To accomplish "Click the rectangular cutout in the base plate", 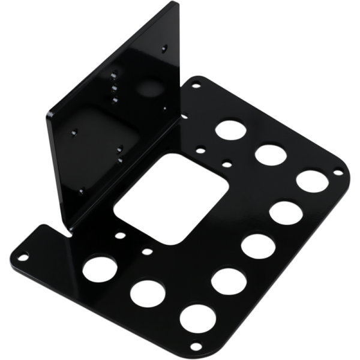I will pos(171,198).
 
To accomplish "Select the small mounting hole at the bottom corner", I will pos(196,346).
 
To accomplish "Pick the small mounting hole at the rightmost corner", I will pos(338,173).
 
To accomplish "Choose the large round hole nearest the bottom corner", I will pos(198,318).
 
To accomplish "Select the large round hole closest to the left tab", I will pos(99,268).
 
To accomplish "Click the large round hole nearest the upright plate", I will pos(229,130).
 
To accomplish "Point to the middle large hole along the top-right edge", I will pos(270,154).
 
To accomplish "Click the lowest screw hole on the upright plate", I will pos(81,191).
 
